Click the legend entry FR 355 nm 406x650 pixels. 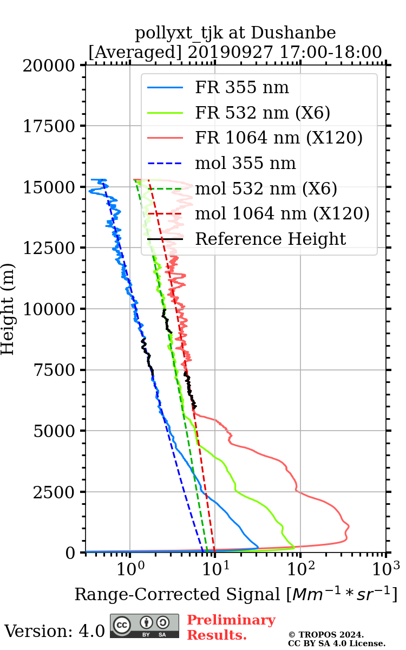242,88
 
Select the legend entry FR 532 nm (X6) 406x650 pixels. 263,113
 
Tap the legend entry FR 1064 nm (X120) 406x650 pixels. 278,138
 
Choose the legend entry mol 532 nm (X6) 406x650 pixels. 266,188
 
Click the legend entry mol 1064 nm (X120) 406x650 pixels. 282,213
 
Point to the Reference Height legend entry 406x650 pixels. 270,239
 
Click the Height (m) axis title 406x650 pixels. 8,309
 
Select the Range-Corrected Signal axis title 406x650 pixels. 235,594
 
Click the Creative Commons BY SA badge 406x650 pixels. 145,626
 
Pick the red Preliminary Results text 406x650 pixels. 231,627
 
